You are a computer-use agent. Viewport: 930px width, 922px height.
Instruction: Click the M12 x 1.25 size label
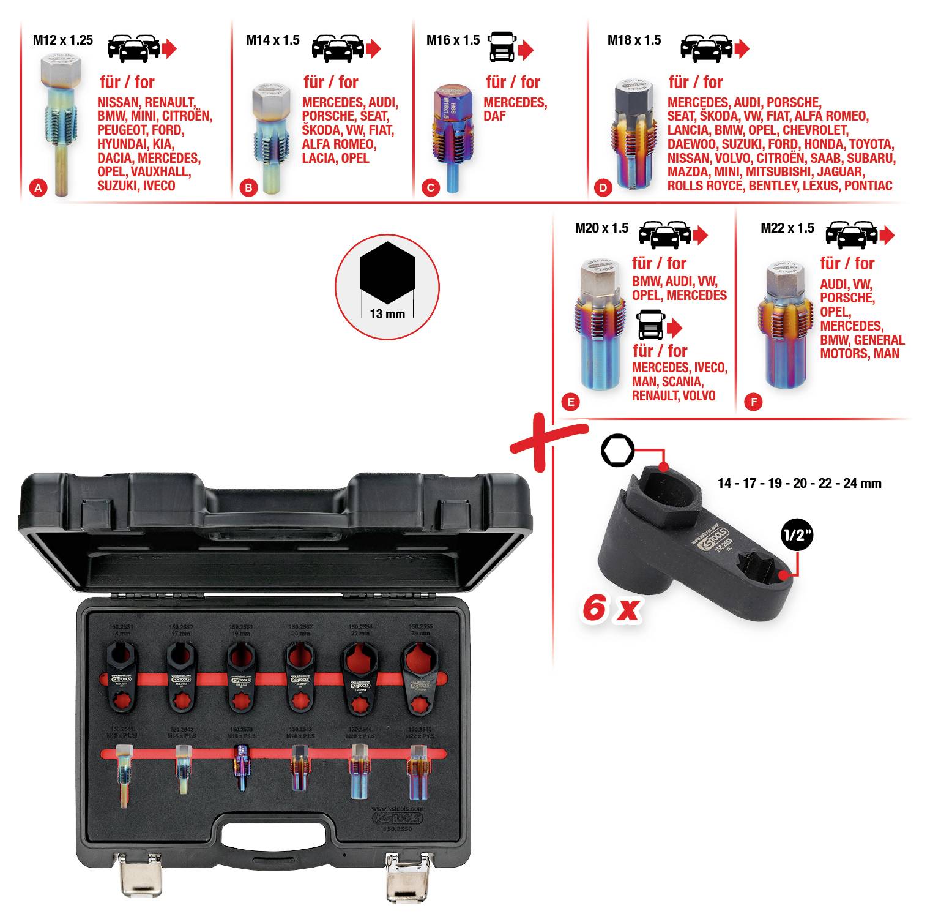[62, 40]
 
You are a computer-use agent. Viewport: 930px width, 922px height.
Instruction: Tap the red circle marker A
[38, 188]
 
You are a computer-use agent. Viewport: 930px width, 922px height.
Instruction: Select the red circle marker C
[431, 188]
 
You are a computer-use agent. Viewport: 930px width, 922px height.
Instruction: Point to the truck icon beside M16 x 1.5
[502, 47]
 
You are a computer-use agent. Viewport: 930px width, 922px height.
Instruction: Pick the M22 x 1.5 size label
[787, 228]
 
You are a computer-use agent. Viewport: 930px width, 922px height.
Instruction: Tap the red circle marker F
[753, 402]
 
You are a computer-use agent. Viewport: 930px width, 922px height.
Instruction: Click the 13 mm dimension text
[387, 314]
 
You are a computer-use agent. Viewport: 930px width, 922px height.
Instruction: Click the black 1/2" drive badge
[797, 534]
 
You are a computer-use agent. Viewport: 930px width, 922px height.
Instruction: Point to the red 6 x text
[611, 609]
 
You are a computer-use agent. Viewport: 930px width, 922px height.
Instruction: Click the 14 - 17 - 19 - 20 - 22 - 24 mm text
[799, 484]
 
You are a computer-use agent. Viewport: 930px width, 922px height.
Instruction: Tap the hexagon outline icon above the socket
[617, 451]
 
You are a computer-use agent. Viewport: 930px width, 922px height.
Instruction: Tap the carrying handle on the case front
[273, 833]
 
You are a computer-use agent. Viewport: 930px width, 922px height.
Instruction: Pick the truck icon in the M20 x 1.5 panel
[651, 325]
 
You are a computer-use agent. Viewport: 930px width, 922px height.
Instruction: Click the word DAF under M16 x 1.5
[494, 116]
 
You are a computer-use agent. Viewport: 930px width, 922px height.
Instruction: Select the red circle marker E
[570, 402]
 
